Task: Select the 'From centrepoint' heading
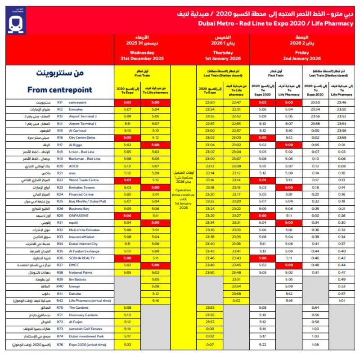pos(59,90)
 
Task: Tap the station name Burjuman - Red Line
pos(85,159)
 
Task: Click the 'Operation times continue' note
pos(183,199)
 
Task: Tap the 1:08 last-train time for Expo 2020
pos(315,345)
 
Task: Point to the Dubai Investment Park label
pos(87,336)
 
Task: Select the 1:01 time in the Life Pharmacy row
pos(341,301)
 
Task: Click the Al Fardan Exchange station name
pos(84,251)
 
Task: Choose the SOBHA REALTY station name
pos(81,258)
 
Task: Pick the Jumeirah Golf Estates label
pos(88,329)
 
